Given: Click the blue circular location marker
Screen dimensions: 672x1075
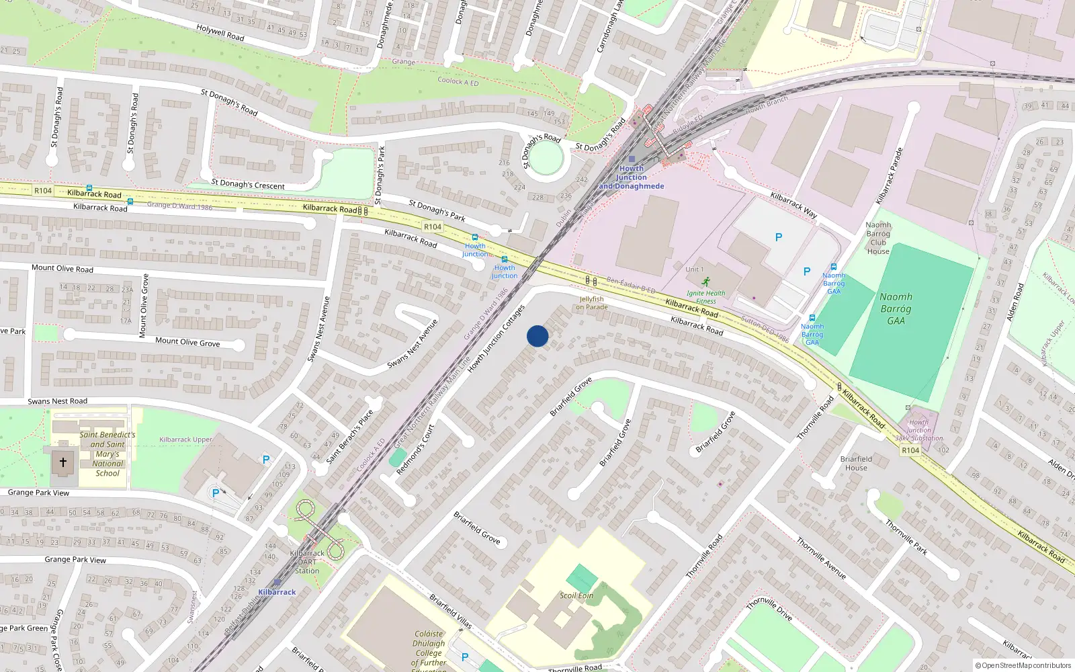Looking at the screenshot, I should click(537, 336).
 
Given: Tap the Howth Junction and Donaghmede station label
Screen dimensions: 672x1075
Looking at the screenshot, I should click(632, 177).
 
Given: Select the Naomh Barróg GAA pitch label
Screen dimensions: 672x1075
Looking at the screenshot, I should click(896, 308).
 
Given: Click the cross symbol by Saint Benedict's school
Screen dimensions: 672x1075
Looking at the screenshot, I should click(63, 462).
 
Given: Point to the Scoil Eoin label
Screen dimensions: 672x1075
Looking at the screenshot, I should click(576, 595).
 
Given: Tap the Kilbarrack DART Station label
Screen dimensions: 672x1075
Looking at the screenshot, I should click(307, 562).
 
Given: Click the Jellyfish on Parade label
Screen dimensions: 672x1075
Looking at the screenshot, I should click(592, 303).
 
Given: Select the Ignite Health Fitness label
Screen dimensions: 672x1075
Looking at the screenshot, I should click(705, 297).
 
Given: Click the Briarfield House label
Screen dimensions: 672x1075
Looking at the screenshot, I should click(856, 463).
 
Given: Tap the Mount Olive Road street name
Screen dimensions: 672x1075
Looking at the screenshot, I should click(62, 268).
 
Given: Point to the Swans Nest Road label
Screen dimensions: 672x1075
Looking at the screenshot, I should click(58, 401).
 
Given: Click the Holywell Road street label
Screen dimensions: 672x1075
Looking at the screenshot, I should click(220, 32).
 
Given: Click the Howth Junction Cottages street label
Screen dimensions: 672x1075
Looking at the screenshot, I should click(496, 339).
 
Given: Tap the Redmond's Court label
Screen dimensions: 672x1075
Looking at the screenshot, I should click(415, 450).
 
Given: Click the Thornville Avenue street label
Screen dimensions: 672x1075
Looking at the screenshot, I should click(821, 558).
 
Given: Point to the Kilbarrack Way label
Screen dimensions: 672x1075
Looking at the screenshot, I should click(793, 205).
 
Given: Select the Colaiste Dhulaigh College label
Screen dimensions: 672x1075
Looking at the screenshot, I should click(429, 648).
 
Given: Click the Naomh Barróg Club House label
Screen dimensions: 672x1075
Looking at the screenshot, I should click(878, 239).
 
